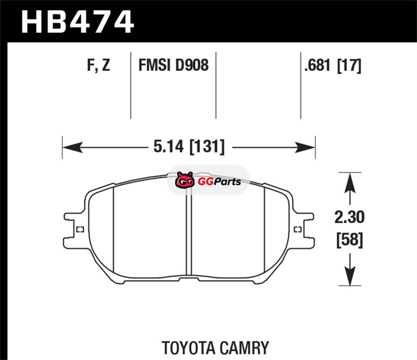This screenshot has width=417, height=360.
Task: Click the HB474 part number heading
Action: [77, 21]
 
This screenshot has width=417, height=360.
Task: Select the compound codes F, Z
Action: [99, 65]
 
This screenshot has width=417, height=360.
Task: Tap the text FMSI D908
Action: [174, 65]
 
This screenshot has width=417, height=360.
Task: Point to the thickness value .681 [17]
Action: [333, 66]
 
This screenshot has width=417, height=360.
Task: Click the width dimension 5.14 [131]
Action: [189, 146]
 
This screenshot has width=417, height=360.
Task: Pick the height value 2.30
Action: [349, 217]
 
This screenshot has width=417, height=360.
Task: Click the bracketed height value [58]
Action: [350, 240]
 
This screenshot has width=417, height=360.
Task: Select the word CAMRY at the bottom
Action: [244, 348]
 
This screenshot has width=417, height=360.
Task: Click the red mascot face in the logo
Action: [185, 180]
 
